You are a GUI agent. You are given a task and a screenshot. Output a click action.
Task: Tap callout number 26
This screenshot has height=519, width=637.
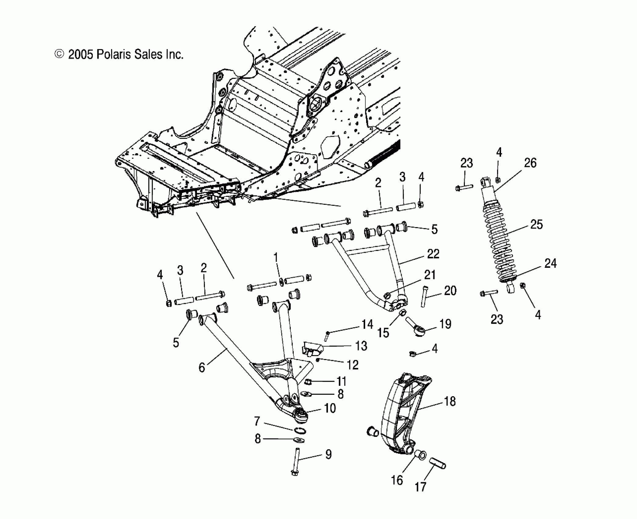(530, 163)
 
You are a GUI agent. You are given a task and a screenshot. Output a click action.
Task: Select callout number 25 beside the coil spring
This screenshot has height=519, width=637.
(537, 225)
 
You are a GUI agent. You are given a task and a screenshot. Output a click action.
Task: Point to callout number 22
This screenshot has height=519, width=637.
(433, 254)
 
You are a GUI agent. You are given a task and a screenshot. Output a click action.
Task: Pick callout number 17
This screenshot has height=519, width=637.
(420, 487)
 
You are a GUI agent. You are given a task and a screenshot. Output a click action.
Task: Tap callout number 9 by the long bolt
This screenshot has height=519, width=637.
(328, 455)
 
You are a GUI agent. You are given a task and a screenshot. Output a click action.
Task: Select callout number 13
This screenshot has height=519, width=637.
(361, 346)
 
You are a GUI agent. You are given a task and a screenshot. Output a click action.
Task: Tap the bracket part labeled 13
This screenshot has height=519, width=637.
(312, 348)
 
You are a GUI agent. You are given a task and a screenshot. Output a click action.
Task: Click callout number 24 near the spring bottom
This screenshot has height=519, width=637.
(550, 263)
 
